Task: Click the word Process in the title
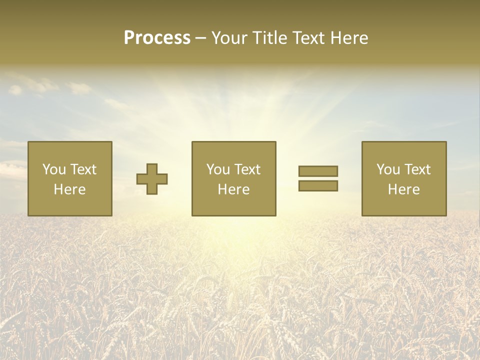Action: click(x=157, y=38)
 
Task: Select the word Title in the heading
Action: click(x=270, y=38)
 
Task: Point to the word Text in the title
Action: click(x=308, y=38)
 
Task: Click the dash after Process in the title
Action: click(x=200, y=38)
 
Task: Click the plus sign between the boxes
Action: click(x=152, y=179)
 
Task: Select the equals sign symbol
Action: click(x=318, y=178)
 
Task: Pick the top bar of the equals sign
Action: click(x=318, y=171)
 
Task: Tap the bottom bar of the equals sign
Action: click(x=318, y=185)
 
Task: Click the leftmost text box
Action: click(x=70, y=178)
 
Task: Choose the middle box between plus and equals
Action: click(x=234, y=178)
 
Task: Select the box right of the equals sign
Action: click(x=404, y=178)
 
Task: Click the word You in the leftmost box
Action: click(x=54, y=169)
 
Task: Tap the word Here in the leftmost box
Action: click(x=70, y=189)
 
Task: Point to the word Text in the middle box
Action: click(x=247, y=169)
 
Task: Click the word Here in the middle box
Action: click(x=234, y=189)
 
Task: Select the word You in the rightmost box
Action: click(x=388, y=169)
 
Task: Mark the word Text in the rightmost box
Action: click(x=417, y=169)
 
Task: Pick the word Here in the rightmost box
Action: click(x=404, y=189)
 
